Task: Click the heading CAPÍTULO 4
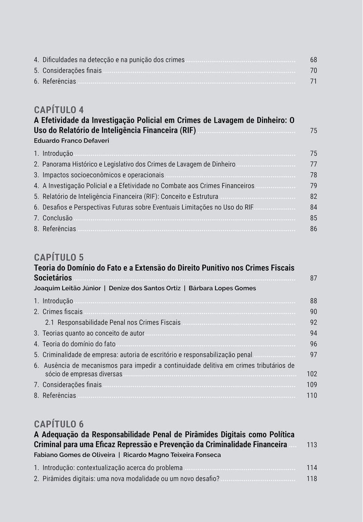point(59,110)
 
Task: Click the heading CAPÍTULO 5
point(59,258)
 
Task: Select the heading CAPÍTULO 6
point(59,424)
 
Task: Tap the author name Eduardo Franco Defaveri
point(71,141)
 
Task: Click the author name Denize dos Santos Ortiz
point(144,288)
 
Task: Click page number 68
point(314,60)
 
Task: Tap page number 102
point(312,374)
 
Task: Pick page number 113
point(312,445)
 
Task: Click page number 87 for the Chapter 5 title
point(314,278)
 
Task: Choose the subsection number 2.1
point(50,323)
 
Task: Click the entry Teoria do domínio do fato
point(79,344)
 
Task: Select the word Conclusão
point(58,218)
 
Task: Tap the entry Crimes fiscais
point(63,312)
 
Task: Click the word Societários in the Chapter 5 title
point(53,278)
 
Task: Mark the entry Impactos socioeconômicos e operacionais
point(103,175)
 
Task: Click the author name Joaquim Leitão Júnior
point(67,288)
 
